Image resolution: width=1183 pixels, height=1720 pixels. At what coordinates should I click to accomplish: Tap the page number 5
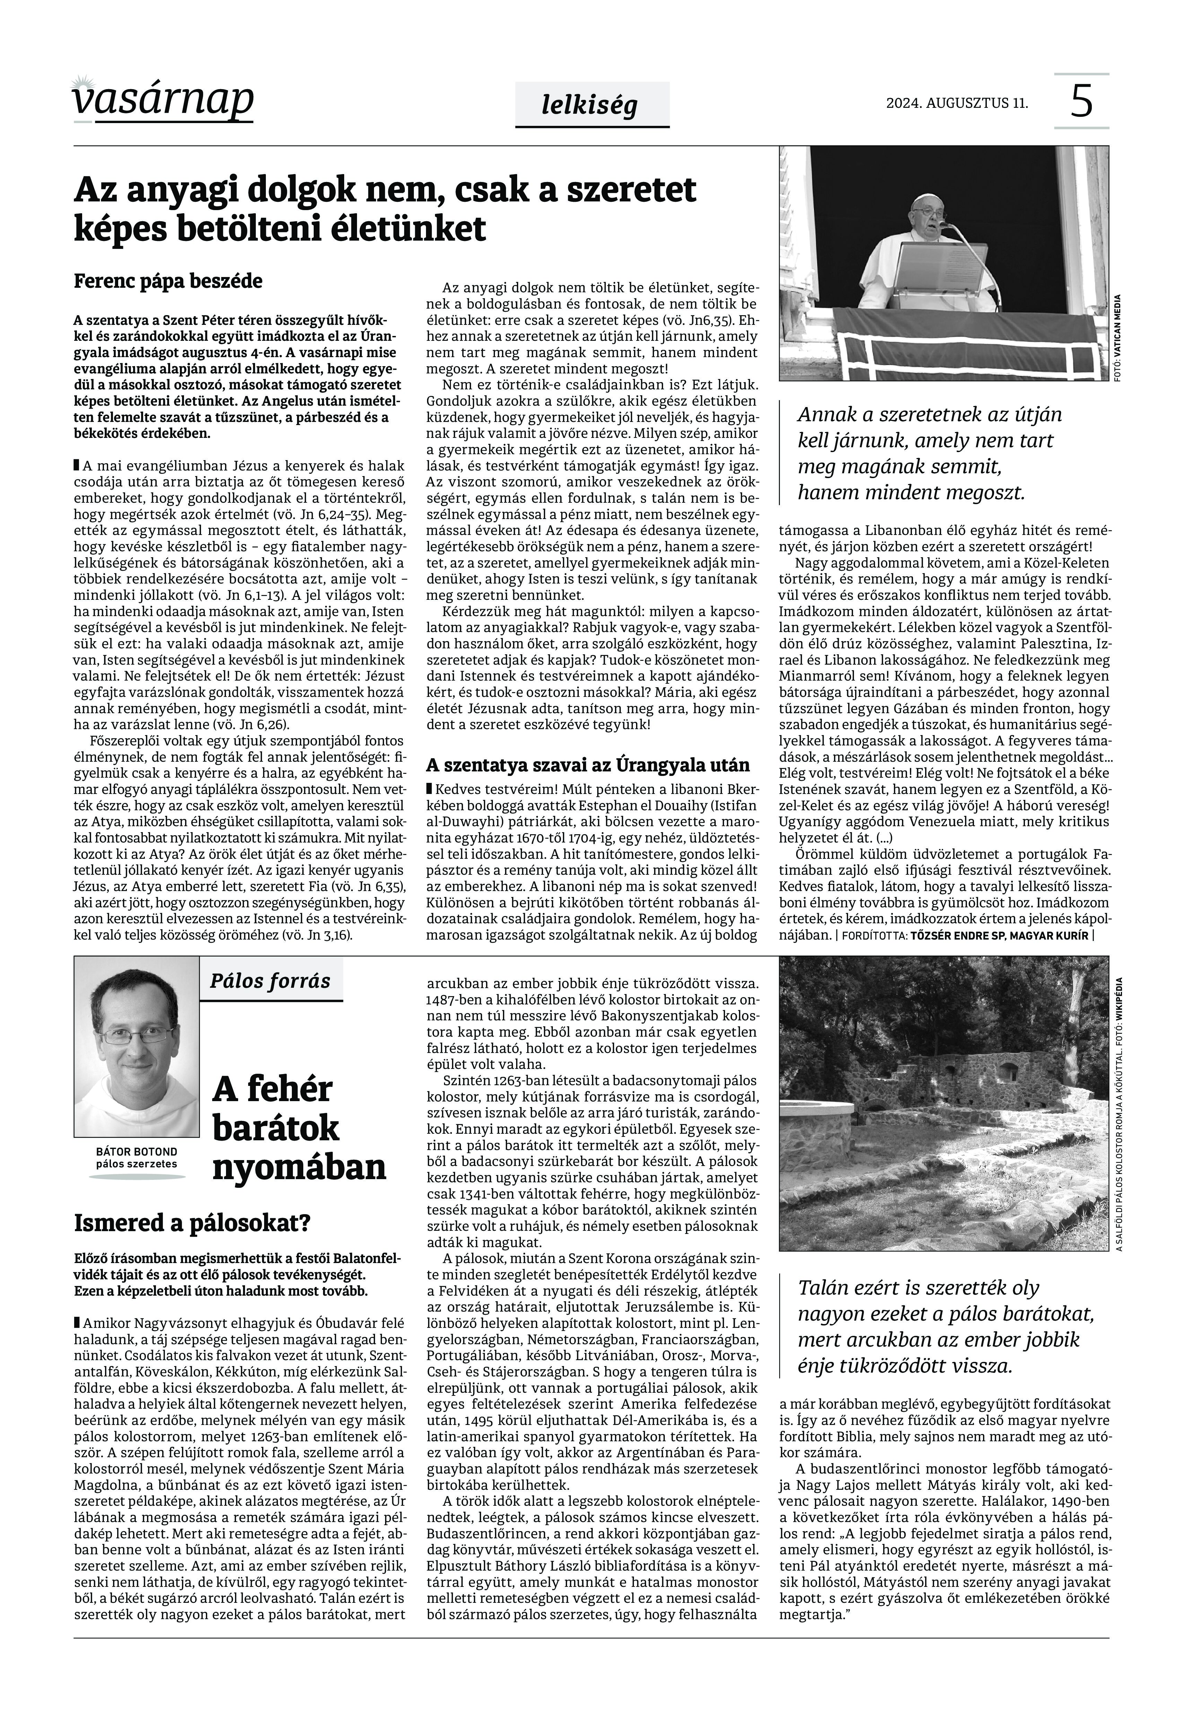pyautogui.click(x=1081, y=102)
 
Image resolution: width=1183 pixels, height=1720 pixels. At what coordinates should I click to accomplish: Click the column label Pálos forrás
pyautogui.click(x=270, y=981)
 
